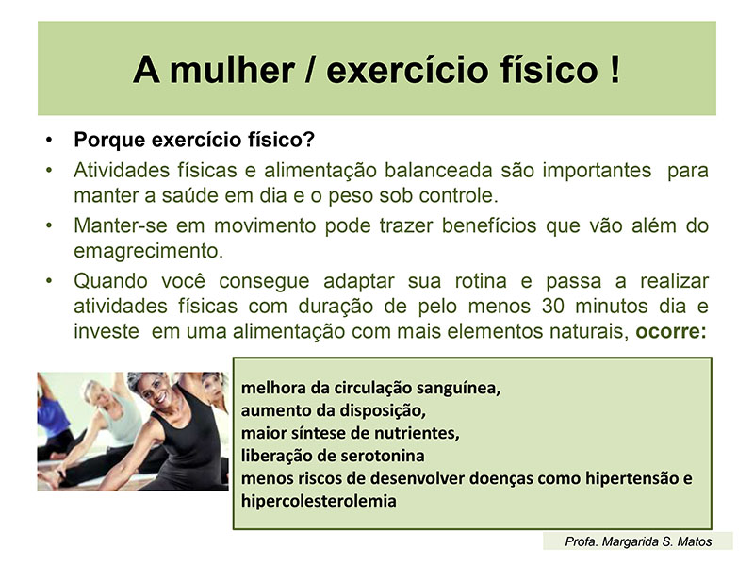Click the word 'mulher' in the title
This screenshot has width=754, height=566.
(x=232, y=70)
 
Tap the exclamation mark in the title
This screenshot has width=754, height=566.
(x=615, y=70)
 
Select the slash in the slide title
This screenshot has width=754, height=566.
(x=310, y=70)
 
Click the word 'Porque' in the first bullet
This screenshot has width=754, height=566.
(x=109, y=140)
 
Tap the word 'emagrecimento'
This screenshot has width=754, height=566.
(x=148, y=251)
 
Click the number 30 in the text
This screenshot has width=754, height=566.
(x=552, y=307)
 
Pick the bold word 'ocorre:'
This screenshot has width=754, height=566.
(x=671, y=332)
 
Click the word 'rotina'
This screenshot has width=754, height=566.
(x=481, y=281)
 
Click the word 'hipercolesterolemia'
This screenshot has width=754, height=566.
(x=319, y=501)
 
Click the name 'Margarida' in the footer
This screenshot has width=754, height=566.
(x=630, y=541)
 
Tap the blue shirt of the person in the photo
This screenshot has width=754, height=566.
(x=52, y=414)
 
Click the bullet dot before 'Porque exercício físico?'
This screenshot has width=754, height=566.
(x=49, y=140)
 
